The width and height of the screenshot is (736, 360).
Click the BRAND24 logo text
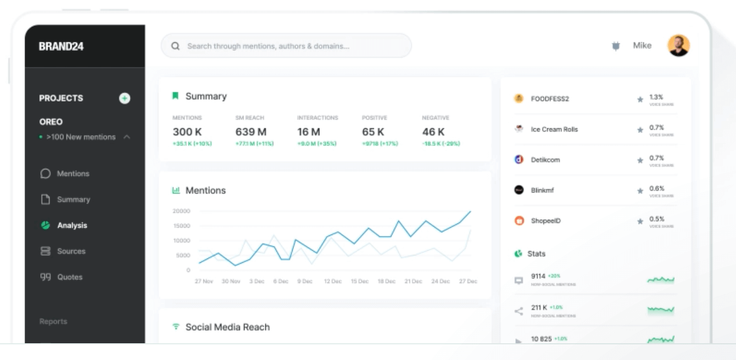pos(61,46)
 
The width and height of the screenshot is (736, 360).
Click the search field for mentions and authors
pos(286,46)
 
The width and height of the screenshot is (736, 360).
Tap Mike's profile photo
pos(678,46)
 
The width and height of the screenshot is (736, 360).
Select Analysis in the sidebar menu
pos(72,226)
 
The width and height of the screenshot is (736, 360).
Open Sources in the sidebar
pos(71,251)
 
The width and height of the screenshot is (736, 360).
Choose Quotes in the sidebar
pos(70,277)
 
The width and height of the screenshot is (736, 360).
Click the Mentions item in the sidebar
pos(73,174)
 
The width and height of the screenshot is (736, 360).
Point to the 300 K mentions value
pos(187,132)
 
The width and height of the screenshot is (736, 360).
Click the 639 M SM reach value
pos(251,132)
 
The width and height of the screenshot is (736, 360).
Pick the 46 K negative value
pos(433,132)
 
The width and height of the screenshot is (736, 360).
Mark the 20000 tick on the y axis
pos(181,211)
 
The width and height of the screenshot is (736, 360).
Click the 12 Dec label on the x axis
pos(333,282)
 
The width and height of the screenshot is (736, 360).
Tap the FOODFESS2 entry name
pos(550,99)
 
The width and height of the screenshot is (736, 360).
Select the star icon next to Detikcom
pos(640,160)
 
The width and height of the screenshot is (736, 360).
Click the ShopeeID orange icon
pos(519,221)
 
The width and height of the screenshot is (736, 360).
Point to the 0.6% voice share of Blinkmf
pos(656,188)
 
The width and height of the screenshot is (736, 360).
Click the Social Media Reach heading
pos(228,327)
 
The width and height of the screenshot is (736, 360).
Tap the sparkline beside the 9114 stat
pos(661,280)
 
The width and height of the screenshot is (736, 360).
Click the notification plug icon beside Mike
pos(616,46)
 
